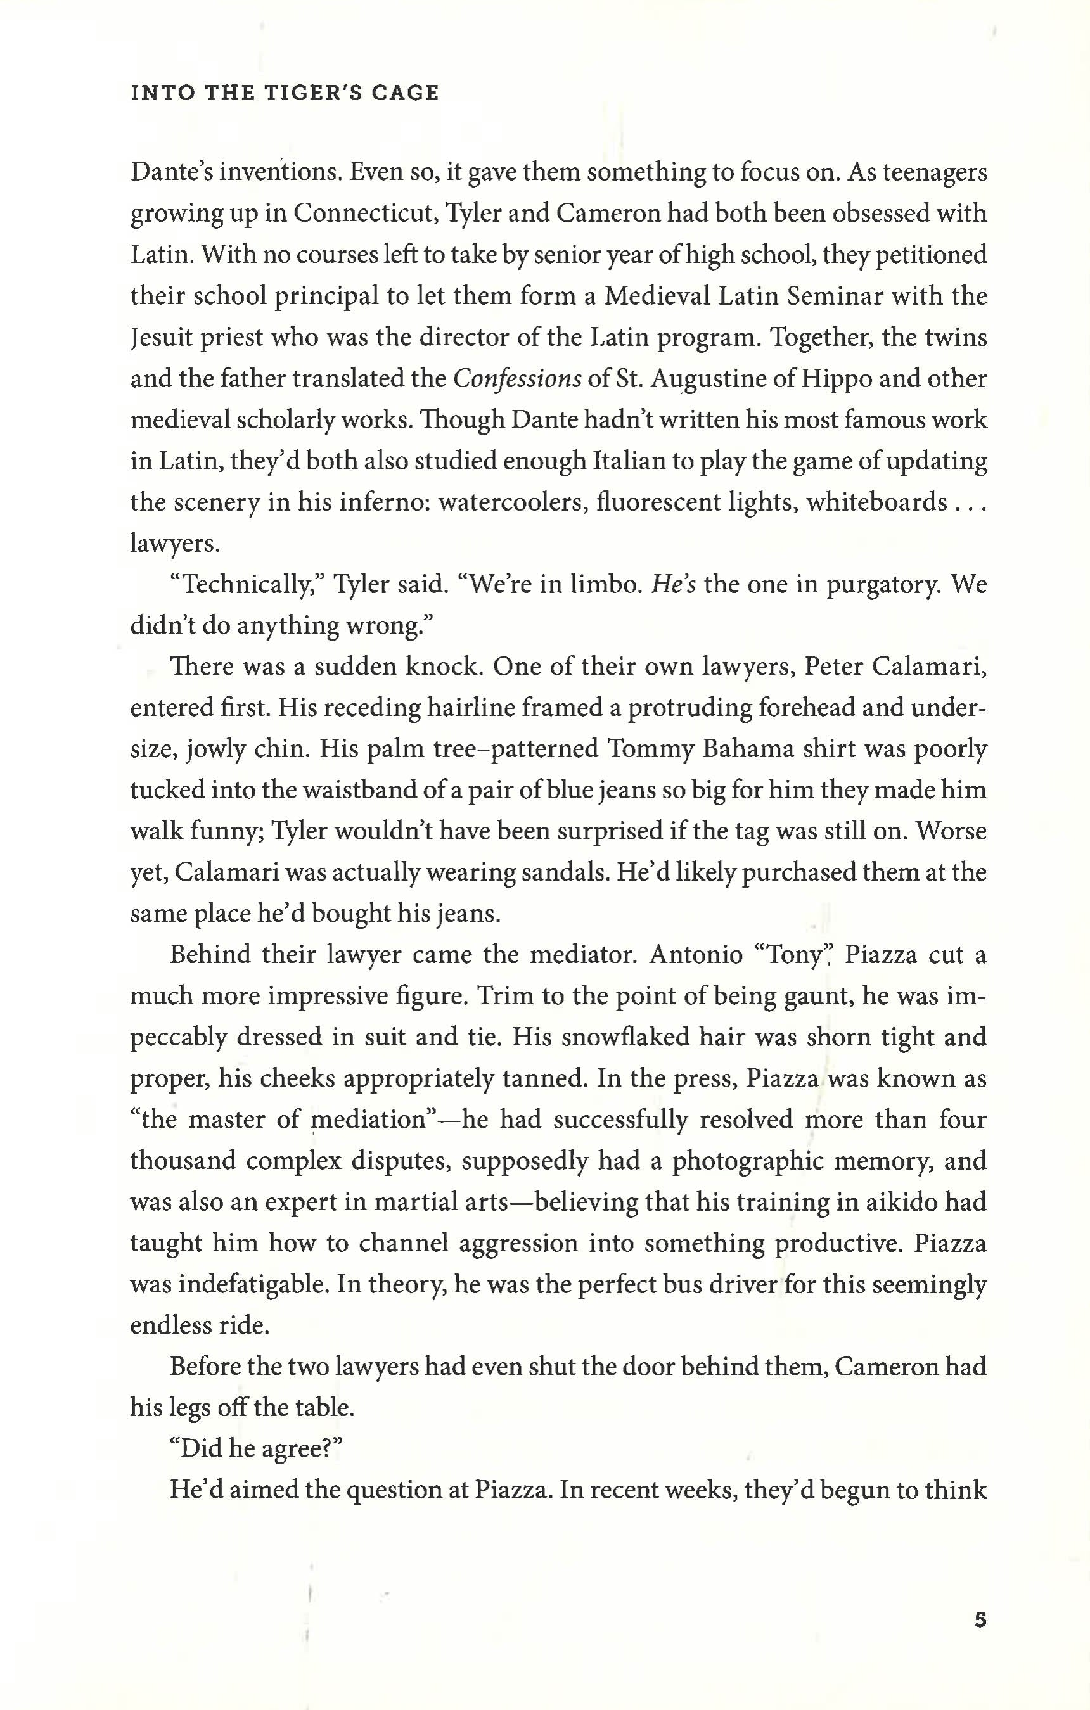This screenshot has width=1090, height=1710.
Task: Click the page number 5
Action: point(980,1620)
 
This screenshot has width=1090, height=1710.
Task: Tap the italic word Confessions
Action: point(517,378)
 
